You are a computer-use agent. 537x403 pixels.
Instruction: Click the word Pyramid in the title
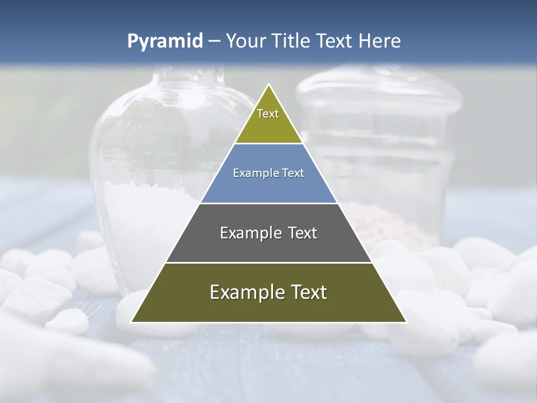coord(164,41)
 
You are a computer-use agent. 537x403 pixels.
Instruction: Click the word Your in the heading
coord(246,41)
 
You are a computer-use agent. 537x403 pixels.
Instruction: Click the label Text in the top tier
coord(268,114)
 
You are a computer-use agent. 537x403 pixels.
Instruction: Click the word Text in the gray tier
coord(302,233)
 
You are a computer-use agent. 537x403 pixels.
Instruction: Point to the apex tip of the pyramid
coord(269,86)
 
